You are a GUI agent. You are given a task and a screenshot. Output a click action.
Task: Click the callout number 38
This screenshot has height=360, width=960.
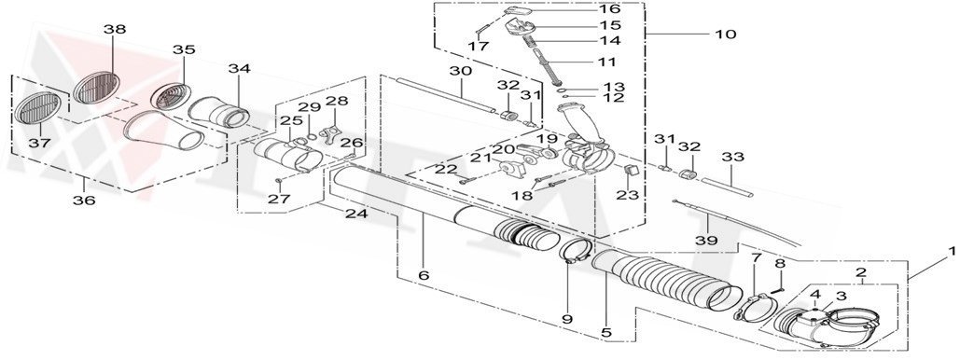point(114,30)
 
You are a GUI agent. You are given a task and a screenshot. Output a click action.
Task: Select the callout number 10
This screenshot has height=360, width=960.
point(724,35)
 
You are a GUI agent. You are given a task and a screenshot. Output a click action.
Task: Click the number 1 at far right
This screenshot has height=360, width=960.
point(951,251)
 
